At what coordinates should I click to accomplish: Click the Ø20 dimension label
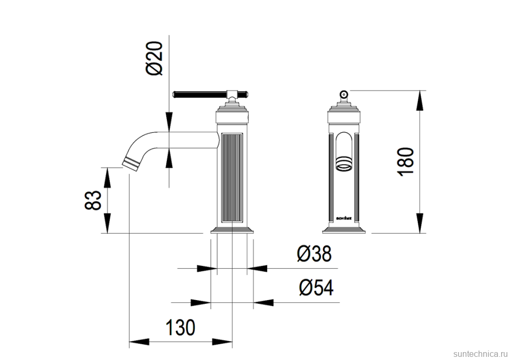tap(156, 59)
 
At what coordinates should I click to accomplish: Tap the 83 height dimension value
tap(93, 200)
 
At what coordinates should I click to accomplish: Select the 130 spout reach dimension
tap(181, 327)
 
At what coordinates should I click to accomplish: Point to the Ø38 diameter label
tap(314, 255)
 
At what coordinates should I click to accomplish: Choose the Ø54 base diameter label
tap(316, 288)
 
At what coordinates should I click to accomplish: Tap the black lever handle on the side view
tap(199, 94)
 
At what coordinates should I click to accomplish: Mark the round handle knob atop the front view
tap(344, 94)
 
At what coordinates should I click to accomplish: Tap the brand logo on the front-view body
tap(344, 216)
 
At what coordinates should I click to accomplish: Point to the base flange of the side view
tap(231, 230)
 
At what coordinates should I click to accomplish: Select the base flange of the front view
tap(344, 230)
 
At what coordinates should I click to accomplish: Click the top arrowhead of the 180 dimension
tap(420, 100)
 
